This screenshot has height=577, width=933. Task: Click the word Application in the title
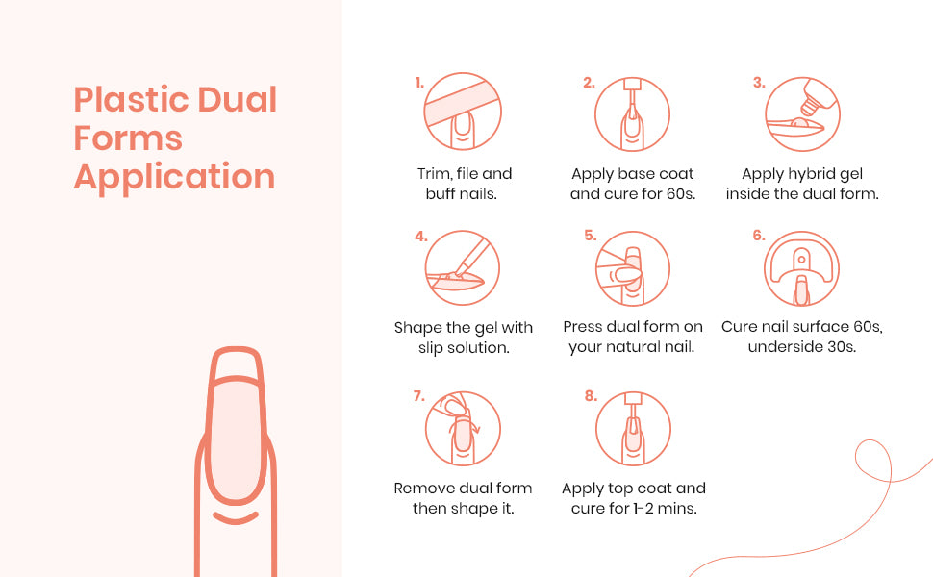(174, 177)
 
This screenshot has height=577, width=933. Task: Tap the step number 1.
(419, 83)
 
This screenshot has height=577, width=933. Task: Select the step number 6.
(759, 236)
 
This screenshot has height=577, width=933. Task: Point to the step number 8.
(591, 396)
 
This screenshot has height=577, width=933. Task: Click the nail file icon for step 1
(463, 112)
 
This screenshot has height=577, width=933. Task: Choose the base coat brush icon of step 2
(633, 113)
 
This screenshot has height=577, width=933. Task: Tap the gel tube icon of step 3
(802, 113)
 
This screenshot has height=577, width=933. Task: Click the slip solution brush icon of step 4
(463, 268)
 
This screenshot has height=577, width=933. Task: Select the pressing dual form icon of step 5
(633, 269)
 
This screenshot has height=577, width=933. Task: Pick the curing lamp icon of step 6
(801, 269)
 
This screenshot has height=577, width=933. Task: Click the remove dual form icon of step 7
(463, 428)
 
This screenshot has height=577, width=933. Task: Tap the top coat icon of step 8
(633, 428)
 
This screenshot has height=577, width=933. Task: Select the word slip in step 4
(431, 348)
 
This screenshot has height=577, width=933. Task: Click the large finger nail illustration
(236, 461)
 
